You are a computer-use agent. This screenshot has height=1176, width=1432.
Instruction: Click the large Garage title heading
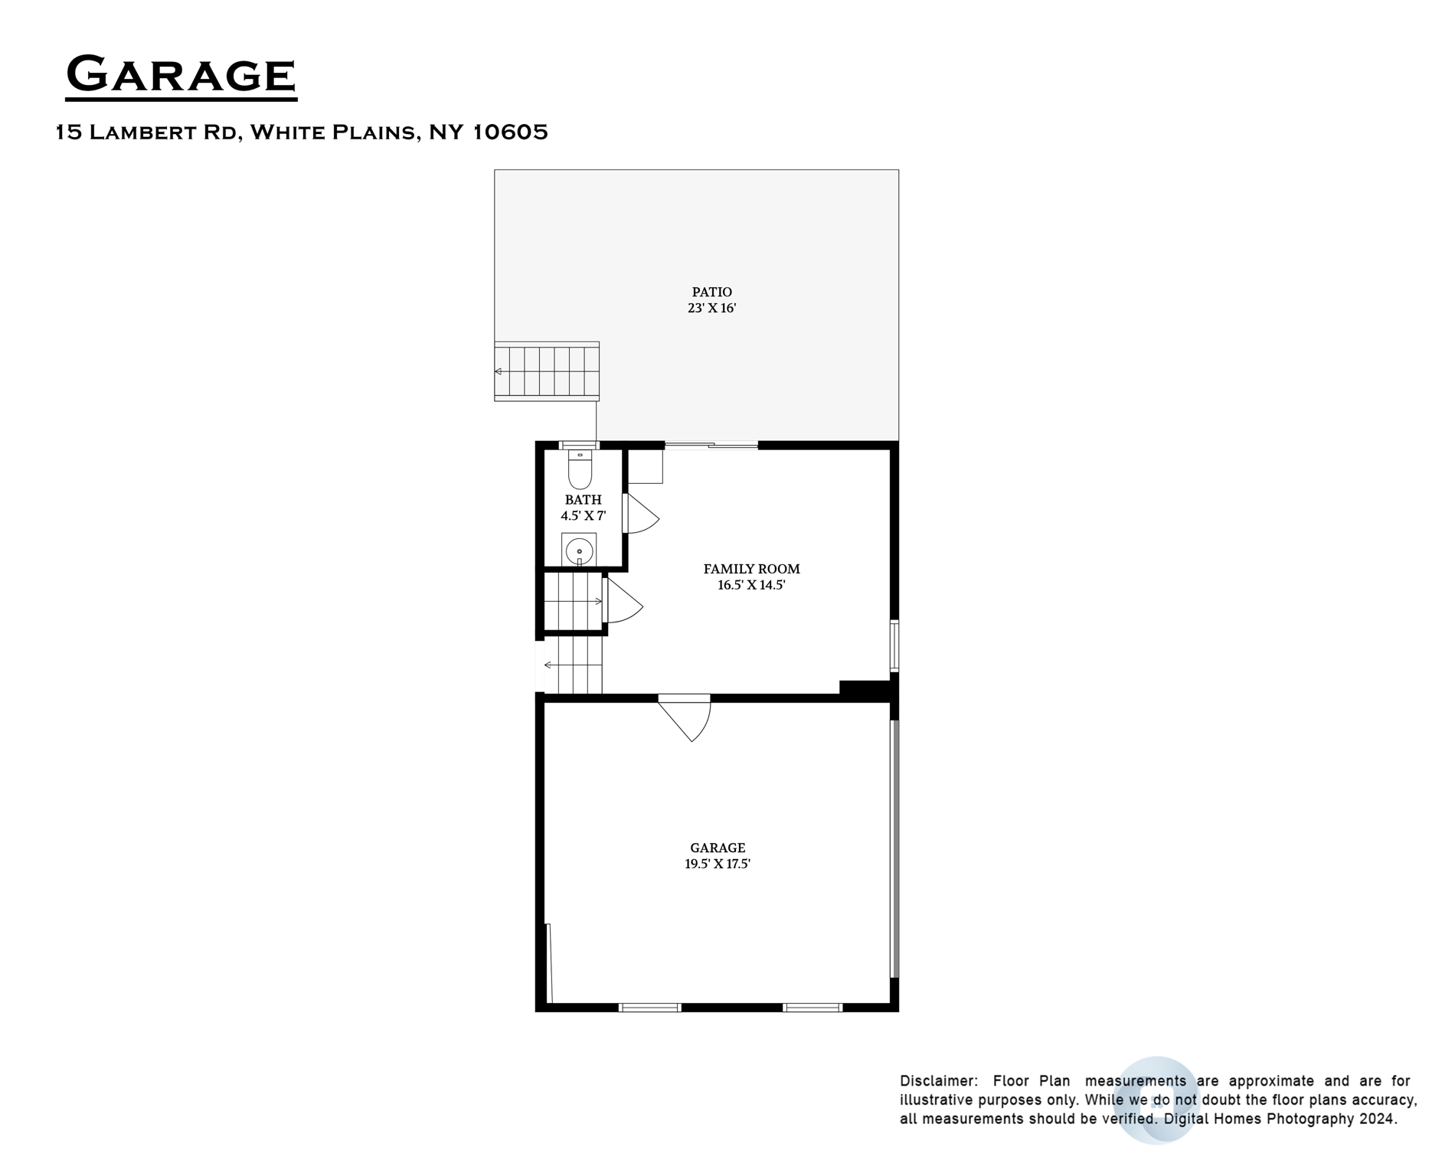[x=181, y=75]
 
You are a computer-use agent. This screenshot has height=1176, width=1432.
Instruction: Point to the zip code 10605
[x=509, y=132]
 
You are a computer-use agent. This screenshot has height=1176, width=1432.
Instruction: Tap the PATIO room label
[x=711, y=292]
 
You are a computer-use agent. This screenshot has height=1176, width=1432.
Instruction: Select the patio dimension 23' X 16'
[x=711, y=309]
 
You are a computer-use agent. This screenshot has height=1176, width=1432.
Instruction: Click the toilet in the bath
[x=580, y=469]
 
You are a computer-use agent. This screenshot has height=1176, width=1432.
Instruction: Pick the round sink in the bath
[x=580, y=550]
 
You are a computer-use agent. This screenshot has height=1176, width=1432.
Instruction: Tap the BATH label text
[x=583, y=500]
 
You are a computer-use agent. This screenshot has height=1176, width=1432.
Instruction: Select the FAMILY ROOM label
[x=751, y=569]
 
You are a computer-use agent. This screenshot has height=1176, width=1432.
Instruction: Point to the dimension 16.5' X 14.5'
[x=751, y=586]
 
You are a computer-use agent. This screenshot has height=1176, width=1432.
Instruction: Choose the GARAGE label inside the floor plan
[x=718, y=848]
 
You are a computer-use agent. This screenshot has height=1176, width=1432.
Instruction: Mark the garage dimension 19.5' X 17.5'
[x=718, y=864]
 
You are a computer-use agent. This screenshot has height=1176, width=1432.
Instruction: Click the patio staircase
[x=547, y=371]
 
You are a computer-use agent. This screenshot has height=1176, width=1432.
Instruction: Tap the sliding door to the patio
[x=711, y=445]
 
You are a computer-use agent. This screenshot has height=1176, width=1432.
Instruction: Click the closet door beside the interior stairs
[x=622, y=603]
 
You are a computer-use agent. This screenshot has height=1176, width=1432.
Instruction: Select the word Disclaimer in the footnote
[x=938, y=1081]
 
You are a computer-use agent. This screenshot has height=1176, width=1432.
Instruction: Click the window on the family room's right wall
[x=894, y=646]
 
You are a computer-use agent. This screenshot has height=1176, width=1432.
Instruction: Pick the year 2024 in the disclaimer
[x=1378, y=1119]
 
